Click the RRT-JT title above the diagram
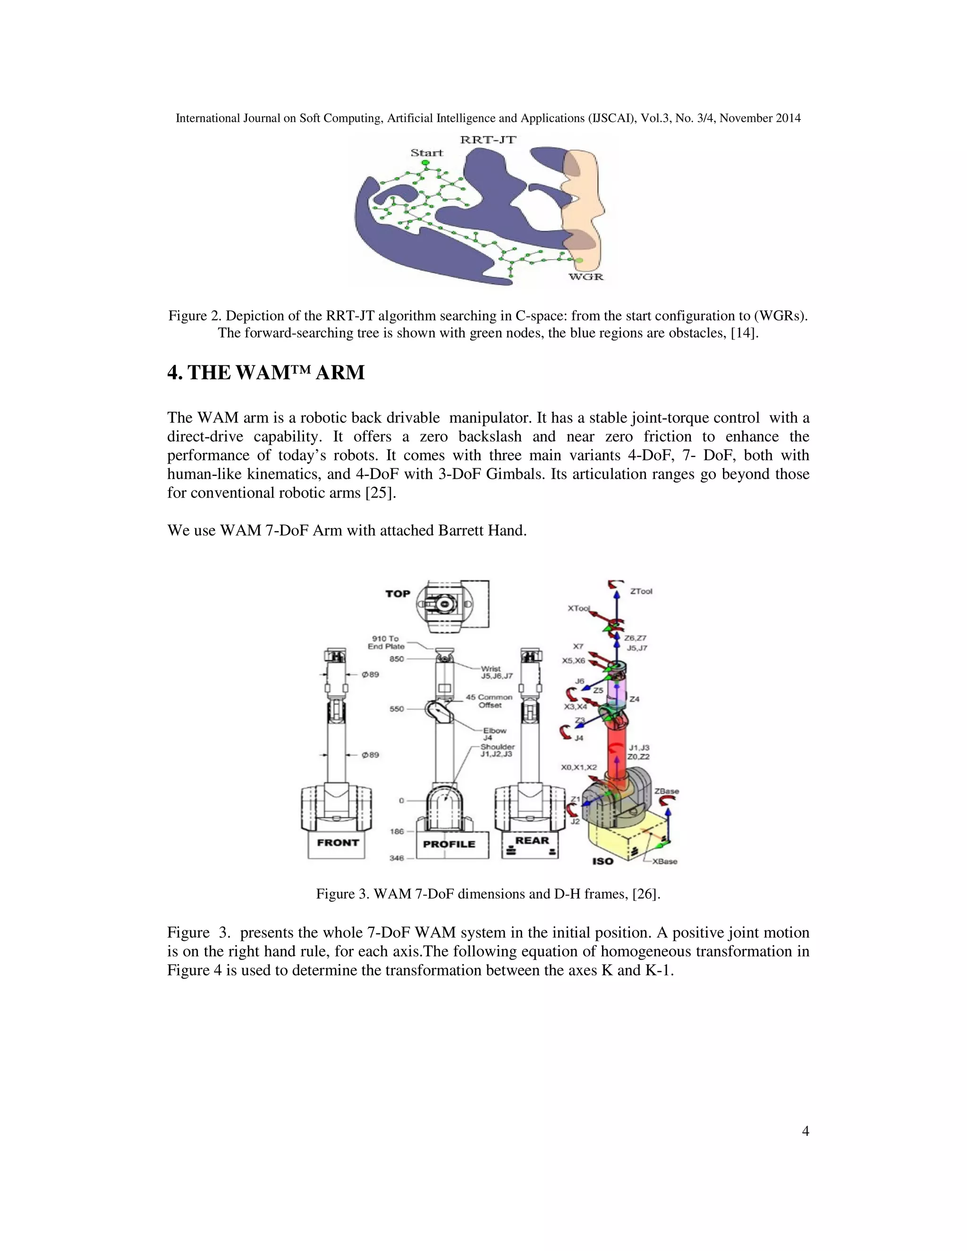pos(488,140)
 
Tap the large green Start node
pos(425,163)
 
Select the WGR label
pos(585,277)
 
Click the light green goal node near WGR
pos(579,261)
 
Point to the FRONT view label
pos(338,843)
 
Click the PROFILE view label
pos(449,844)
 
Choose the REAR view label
pos(532,840)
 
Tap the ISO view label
pos(602,861)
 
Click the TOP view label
pos(398,593)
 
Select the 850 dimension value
pos(397,659)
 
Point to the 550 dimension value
pos(397,709)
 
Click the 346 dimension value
pos(397,858)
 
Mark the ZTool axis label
pos(641,591)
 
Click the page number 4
pos(806,1131)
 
